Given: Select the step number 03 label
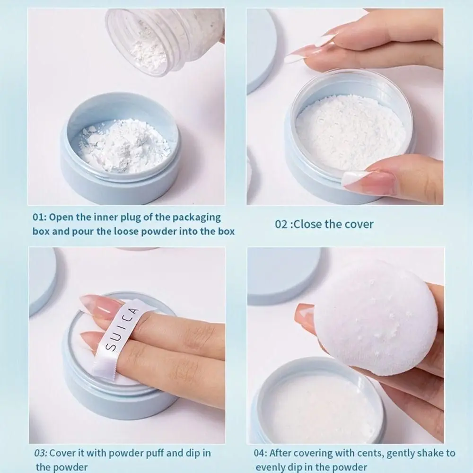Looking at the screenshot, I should click(41, 453).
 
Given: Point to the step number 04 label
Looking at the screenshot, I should click(261, 453).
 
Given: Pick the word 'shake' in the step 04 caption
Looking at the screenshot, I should click(428, 453).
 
